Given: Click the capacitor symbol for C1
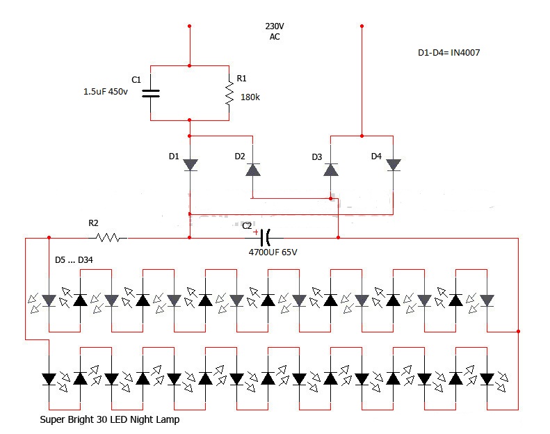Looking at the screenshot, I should (151, 93).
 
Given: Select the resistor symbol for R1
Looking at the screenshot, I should (229, 93).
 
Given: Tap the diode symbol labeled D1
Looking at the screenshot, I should (190, 165).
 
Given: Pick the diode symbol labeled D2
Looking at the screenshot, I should (252, 169).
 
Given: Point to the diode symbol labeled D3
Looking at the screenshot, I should (330, 169).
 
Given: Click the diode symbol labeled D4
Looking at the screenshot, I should (393, 165).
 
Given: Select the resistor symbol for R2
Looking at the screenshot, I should (111, 238).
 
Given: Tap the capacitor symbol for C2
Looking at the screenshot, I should (266, 238).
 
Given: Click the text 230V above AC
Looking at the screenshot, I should (275, 26).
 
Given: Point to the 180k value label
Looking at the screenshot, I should (250, 97).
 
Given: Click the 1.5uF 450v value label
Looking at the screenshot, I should (106, 92).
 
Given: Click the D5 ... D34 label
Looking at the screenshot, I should (74, 260).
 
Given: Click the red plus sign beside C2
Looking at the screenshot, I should (255, 232).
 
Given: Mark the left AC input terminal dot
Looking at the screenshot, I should (189, 26).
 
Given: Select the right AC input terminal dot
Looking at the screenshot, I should (362, 26).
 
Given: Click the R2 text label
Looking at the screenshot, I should (93, 223).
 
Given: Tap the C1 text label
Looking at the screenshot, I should (136, 79).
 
